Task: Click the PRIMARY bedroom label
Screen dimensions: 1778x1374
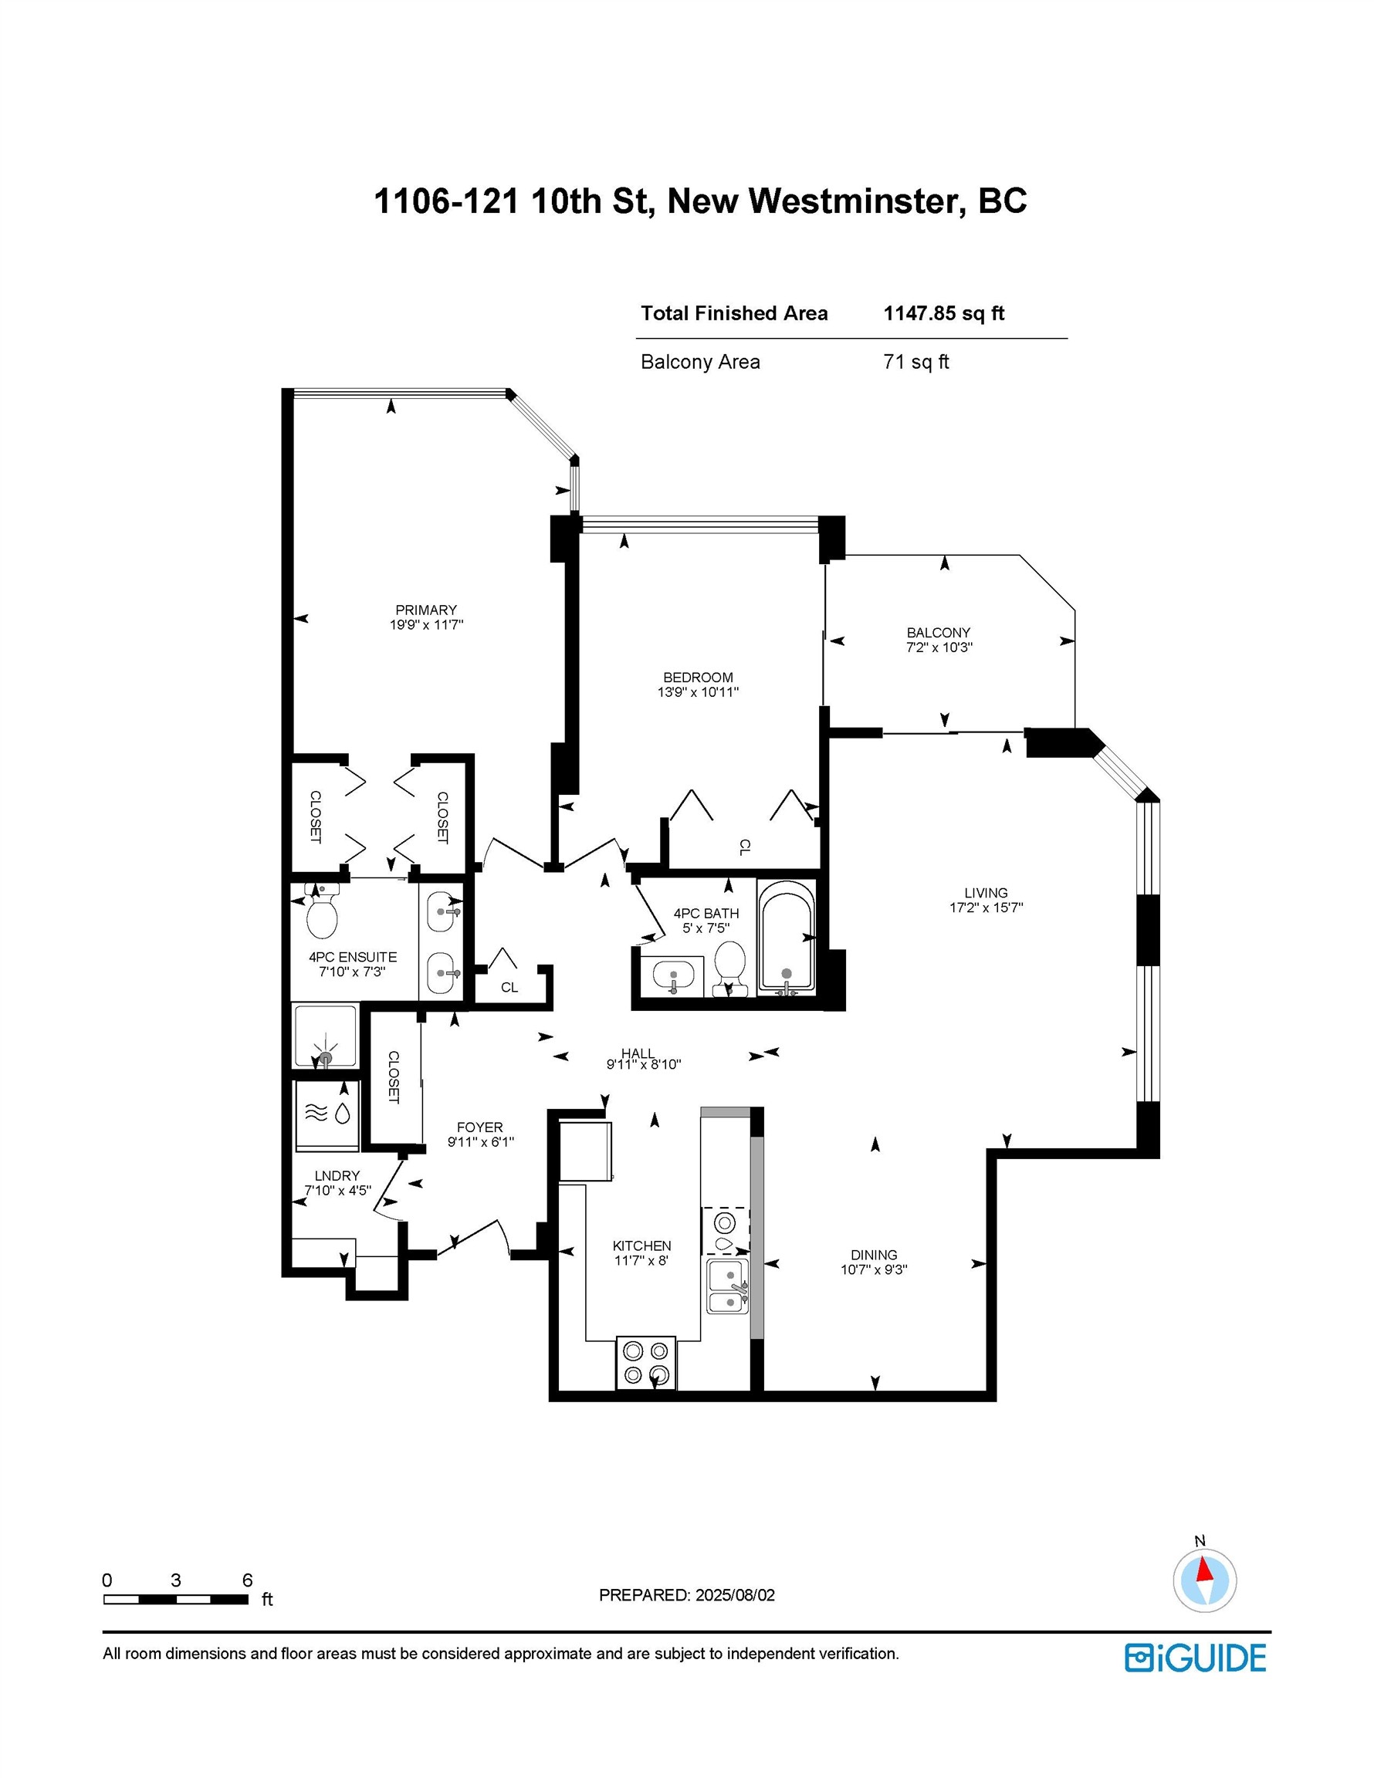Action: (426, 610)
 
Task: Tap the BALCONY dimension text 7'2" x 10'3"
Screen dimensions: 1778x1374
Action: (939, 647)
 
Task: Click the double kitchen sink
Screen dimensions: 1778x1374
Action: (728, 1286)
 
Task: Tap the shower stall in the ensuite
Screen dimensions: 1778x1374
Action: (325, 1036)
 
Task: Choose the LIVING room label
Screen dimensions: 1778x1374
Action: (986, 892)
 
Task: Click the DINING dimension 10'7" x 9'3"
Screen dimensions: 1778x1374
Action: (874, 1269)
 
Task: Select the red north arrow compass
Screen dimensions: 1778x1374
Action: (1203, 1580)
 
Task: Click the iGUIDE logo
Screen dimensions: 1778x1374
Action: (1196, 1658)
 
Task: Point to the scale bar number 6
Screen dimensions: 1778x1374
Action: (248, 1580)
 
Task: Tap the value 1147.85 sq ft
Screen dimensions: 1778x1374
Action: (943, 313)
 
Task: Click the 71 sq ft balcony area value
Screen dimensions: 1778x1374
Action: (915, 361)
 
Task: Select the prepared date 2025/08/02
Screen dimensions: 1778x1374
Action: (735, 1595)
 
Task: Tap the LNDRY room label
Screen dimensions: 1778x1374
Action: (337, 1175)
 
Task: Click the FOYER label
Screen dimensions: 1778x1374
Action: (479, 1127)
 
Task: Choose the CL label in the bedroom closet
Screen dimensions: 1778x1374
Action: (743, 847)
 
